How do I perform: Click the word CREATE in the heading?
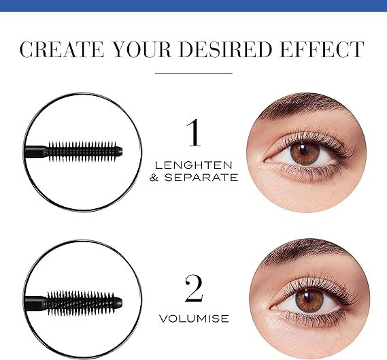coord(61,50)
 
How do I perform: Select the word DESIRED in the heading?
coord(225,50)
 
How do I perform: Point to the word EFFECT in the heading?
coord(322,50)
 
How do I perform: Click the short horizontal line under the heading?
coord(194,73)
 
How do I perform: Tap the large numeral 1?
coord(193,133)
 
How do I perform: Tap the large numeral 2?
coord(194,289)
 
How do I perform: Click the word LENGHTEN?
coord(194,165)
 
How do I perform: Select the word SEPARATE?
coord(201,178)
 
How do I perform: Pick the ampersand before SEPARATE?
coord(154,178)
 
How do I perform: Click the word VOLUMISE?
coord(194,318)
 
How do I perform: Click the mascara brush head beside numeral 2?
coord(84,303)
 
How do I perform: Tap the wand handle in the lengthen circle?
coord(36,152)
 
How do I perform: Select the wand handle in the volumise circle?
coord(36,304)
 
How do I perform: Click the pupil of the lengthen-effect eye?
coord(303,150)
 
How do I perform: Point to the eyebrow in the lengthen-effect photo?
coord(303,103)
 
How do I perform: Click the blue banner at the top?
coord(193,5)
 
